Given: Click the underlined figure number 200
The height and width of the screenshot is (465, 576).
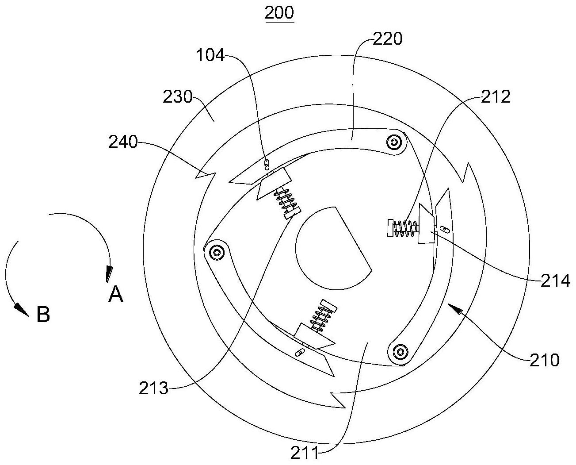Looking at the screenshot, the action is pos(279,12).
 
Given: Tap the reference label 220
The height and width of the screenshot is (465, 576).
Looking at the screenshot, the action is pos(388,39).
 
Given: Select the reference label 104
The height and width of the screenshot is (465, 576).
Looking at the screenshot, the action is pos(210,55).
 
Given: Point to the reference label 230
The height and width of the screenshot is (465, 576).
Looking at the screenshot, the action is pos(177,97).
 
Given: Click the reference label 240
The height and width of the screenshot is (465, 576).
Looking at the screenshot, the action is pos(123,142).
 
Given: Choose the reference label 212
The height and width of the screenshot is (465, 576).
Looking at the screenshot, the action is pos(496,97).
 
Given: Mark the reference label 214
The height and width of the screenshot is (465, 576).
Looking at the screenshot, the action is pos(555,281).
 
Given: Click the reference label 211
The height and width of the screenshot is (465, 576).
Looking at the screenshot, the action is pos(305,453).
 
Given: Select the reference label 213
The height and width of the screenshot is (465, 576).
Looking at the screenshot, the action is pos(153,388).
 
